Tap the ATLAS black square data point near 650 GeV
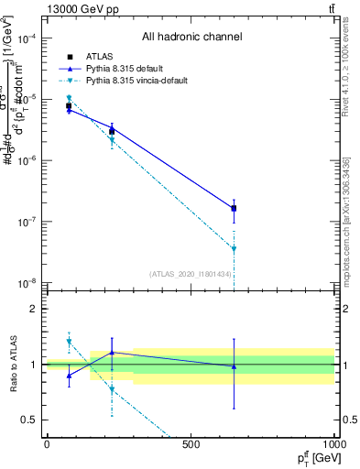[x=234, y=209]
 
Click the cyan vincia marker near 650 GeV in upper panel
[x=234, y=249]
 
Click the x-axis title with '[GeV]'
[x=315, y=457]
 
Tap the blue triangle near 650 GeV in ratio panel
[x=234, y=366]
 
